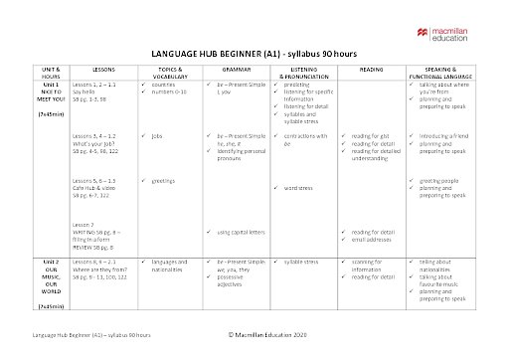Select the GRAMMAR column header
click(238, 70)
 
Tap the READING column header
click(370, 70)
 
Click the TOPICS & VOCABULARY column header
click(169, 73)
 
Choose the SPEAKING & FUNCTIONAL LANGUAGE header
click(441, 73)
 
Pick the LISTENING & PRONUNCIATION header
click(302, 73)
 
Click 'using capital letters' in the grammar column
click(241, 232)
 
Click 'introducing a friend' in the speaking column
click(444, 133)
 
